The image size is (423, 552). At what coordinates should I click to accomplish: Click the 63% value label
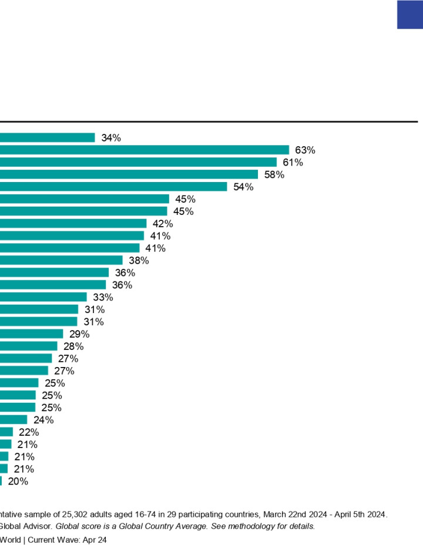305,150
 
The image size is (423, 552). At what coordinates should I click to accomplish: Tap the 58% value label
274,174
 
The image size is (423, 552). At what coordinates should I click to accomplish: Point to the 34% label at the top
110,137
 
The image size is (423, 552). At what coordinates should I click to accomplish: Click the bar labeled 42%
73,224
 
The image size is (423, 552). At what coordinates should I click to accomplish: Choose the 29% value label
79,334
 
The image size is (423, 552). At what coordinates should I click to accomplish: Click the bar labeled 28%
29,346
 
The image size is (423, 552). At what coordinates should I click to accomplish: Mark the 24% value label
43,420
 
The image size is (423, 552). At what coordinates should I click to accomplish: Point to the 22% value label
29,432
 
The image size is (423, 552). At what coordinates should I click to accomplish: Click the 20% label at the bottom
18,482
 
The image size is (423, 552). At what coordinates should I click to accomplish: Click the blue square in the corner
410,15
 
